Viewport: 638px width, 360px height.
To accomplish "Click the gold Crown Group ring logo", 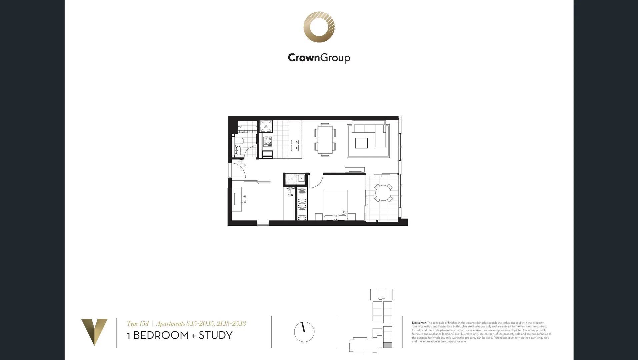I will [319, 27].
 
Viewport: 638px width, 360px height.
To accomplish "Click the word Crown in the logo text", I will [303, 58].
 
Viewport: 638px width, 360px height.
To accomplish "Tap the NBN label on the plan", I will [290, 195].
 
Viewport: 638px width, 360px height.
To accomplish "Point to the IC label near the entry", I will [245, 165].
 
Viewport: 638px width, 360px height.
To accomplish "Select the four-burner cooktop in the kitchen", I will [268, 141].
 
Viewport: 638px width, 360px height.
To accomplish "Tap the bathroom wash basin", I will [238, 151].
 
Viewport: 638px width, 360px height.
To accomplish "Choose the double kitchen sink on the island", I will [295, 145].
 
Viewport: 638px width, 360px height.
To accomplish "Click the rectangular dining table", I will [325, 139].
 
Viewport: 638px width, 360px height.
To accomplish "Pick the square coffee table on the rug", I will [361, 143].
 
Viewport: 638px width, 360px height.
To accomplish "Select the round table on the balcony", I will [383, 193].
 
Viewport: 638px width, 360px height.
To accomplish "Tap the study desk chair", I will [244, 199].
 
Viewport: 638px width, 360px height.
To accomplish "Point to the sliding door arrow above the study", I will [263, 182].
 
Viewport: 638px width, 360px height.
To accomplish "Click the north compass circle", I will [304, 332].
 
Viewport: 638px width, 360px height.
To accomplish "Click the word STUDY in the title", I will [215, 335].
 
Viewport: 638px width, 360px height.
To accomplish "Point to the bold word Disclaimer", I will [419, 323].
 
